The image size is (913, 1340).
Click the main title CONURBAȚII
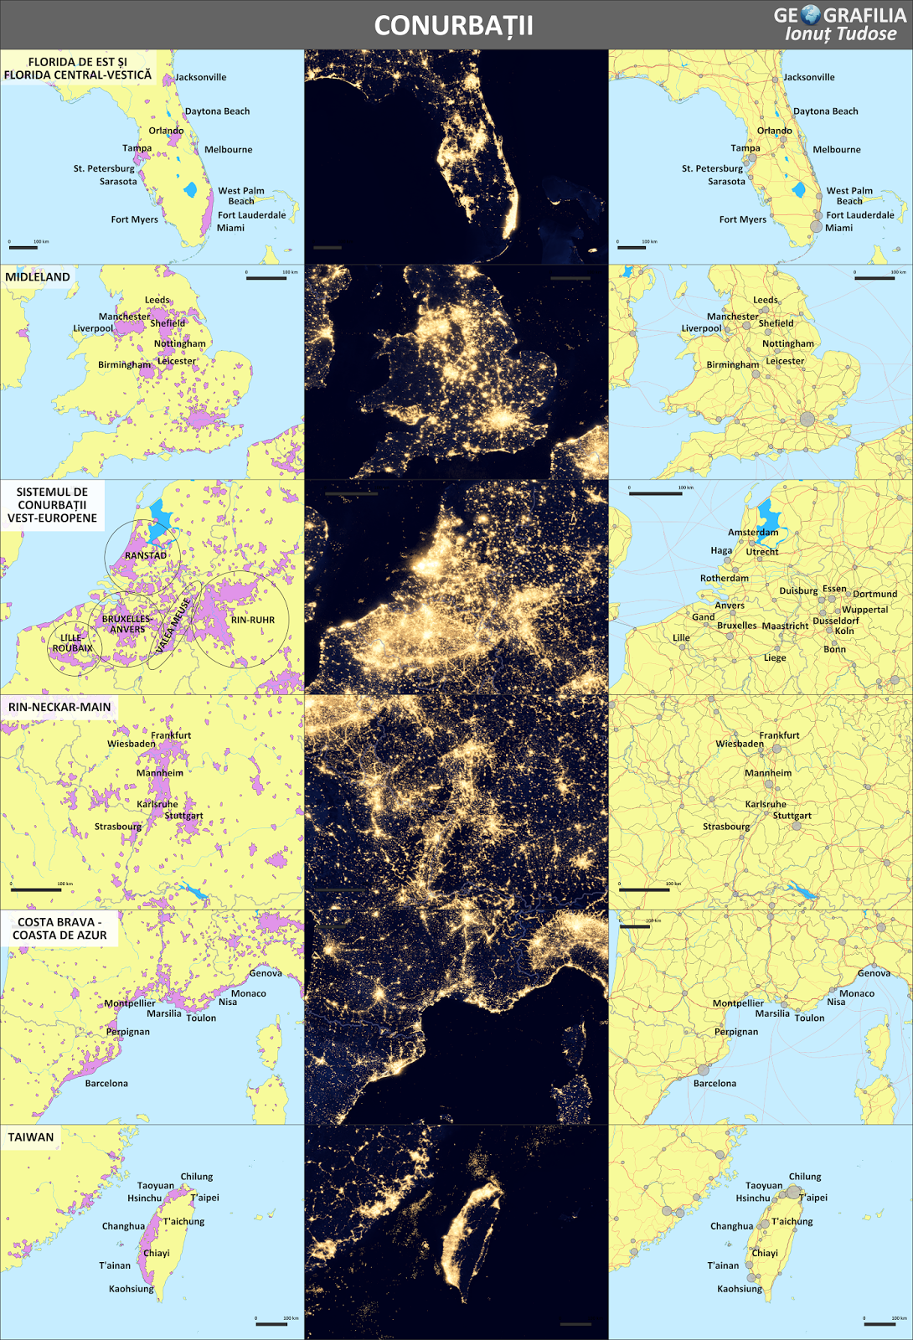coord(453,26)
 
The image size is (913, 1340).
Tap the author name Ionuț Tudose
coord(840,34)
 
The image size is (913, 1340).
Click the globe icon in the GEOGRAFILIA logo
coord(810,14)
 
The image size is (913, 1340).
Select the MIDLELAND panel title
coord(38,277)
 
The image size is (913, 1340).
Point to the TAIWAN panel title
coord(31,1137)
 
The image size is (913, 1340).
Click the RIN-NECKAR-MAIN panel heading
coord(59,707)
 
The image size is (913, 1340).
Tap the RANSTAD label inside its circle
coord(146,555)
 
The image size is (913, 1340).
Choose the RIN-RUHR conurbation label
coord(252,620)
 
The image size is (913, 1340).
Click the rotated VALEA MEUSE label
coord(173,625)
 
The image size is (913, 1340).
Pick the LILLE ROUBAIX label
coord(72,642)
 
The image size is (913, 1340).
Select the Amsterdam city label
coord(753,532)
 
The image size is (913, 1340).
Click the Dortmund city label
coord(874,594)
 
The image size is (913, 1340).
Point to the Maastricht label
coord(785,626)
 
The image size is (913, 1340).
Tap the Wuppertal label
coord(864,610)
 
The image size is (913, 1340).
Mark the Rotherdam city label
coord(725,578)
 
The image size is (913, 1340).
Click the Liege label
coord(775,657)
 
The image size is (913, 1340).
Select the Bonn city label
coord(834,649)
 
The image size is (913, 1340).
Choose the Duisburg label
coord(798,590)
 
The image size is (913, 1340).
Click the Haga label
coord(721,550)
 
